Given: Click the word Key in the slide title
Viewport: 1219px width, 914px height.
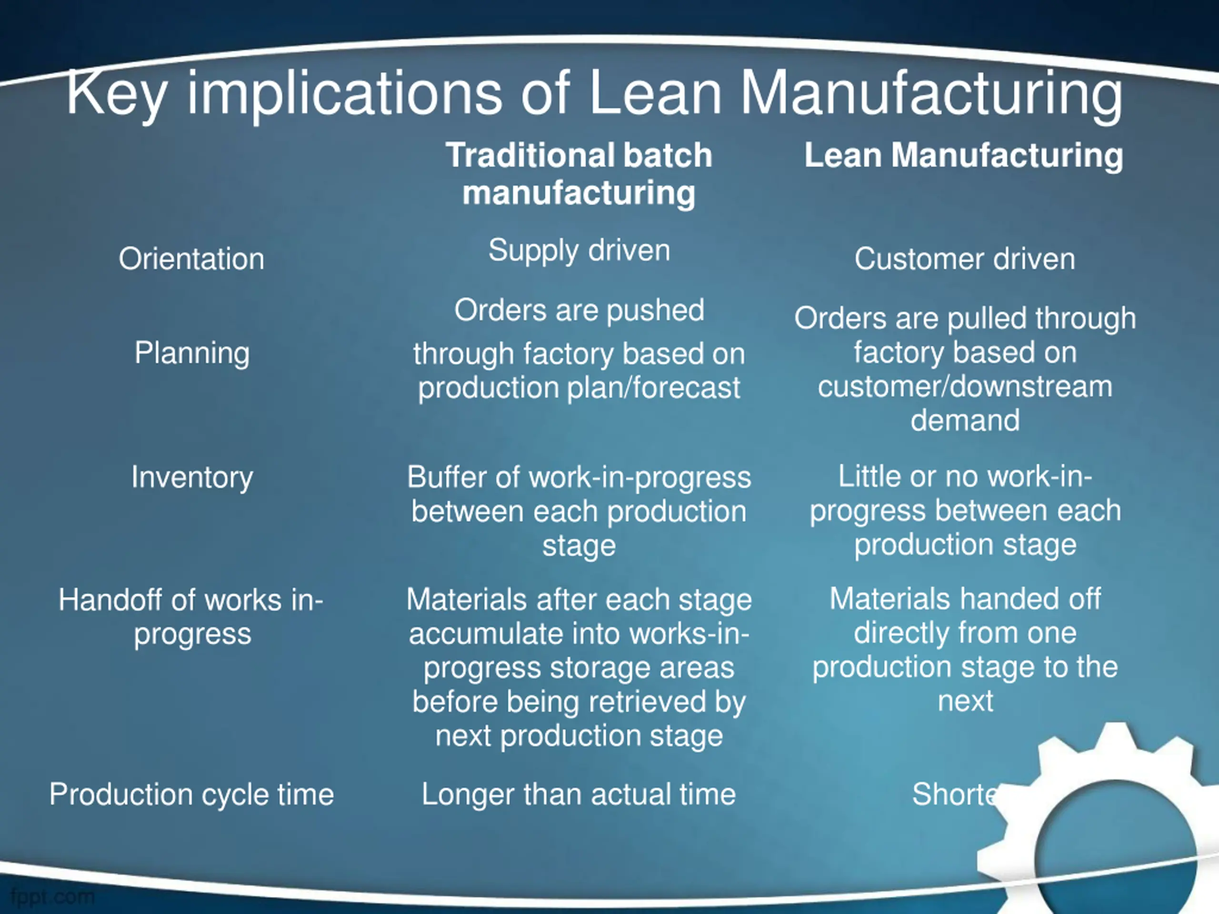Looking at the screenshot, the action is pyautogui.click(x=116, y=94).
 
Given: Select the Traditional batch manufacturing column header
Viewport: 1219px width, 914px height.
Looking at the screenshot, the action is pyautogui.click(x=579, y=174).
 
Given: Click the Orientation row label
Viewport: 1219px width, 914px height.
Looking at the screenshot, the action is pyautogui.click(x=191, y=259).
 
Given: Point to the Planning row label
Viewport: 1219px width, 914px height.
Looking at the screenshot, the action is pyautogui.click(x=192, y=353).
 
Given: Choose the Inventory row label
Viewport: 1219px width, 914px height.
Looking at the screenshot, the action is pyautogui.click(x=192, y=477).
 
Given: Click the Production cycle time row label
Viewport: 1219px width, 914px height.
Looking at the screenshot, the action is pyautogui.click(x=191, y=795).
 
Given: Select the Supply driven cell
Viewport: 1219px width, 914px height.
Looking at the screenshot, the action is pyautogui.click(x=579, y=251).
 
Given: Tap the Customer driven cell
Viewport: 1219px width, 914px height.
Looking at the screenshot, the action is pyautogui.click(x=964, y=259).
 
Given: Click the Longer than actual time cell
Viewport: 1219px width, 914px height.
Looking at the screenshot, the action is pyautogui.click(x=579, y=795).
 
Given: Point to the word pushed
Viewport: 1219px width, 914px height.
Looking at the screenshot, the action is pyautogui.click(x=655, y=311).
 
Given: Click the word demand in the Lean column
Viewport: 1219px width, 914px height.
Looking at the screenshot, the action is pyautogui.click(x=965, y=420).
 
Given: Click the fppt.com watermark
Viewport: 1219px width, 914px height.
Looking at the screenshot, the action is pyautogui.click(x=53, y=896).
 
